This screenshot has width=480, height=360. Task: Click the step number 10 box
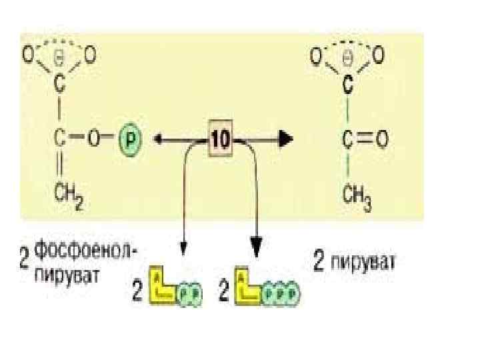pyautogui.click(x=220, y=139)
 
